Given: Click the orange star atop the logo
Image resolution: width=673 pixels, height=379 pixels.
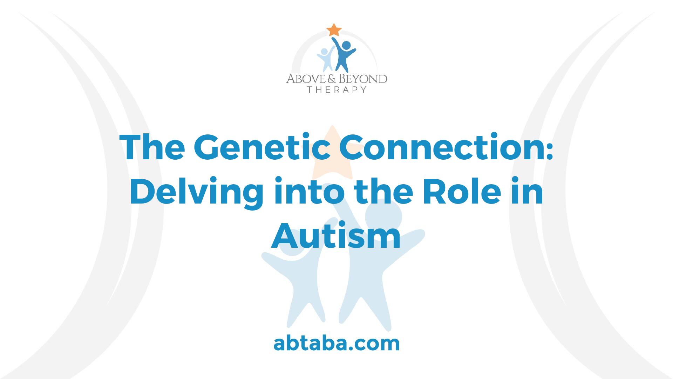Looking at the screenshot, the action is point(334,30).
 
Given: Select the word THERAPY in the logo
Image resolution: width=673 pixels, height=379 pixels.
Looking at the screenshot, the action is point(337,89).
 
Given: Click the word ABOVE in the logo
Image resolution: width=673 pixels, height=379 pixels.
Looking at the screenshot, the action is point(305,78).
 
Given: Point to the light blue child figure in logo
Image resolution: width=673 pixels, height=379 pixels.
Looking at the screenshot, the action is point(325,60).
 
